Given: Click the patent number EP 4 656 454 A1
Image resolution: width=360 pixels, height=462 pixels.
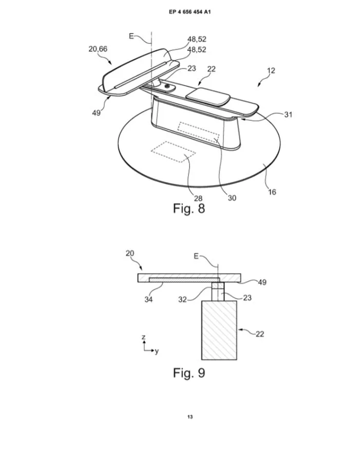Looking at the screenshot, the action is click(x=190, y=12).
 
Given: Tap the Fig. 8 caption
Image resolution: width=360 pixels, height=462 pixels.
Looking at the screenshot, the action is click(x=188, y=208).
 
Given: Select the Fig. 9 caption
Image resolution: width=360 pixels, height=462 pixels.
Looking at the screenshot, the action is click(x=188, y=373).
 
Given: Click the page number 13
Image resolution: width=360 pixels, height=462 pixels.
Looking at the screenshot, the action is click(x=190, y=417).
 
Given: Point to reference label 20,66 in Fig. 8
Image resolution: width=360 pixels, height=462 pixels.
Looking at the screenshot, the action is click(x=98, y=49).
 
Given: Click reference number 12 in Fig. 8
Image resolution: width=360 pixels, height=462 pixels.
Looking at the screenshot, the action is click(x=271, y=70).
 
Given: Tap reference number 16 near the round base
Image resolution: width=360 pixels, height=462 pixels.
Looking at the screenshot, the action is click(x=272, y=192).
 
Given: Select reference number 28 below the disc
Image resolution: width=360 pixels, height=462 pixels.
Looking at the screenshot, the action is click(x=198, y=198).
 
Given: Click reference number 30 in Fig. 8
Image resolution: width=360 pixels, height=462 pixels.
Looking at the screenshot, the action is click(x=232, y=198).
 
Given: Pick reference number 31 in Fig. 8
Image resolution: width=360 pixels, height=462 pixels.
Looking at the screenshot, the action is click(x=288, y=114).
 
